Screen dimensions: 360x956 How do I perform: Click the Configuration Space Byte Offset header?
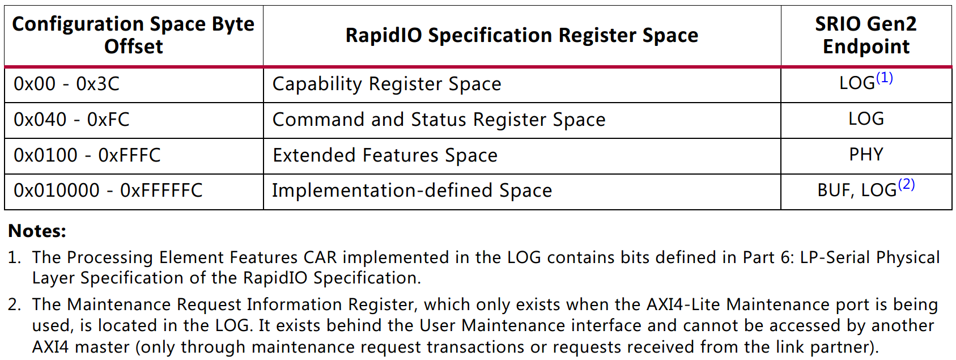pyautogui.click(x=133, y=35)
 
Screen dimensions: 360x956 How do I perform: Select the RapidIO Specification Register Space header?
pyautogui.click(x=521, y=35)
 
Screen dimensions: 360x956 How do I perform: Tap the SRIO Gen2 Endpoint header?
pyautogui.click(x=866, y=35)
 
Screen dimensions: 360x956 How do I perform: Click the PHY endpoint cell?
pyautogui.click(x=866, y=155)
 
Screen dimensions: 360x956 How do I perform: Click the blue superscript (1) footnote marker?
pyautogui.click(x=885, y=78)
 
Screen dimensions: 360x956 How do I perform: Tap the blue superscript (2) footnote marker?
pyautogui.click(x=907, y=184)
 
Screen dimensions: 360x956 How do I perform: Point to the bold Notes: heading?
pyautogui.click(x=37, y=231)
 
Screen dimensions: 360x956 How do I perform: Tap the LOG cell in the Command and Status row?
pyautogui.click(x=866, y=119)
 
